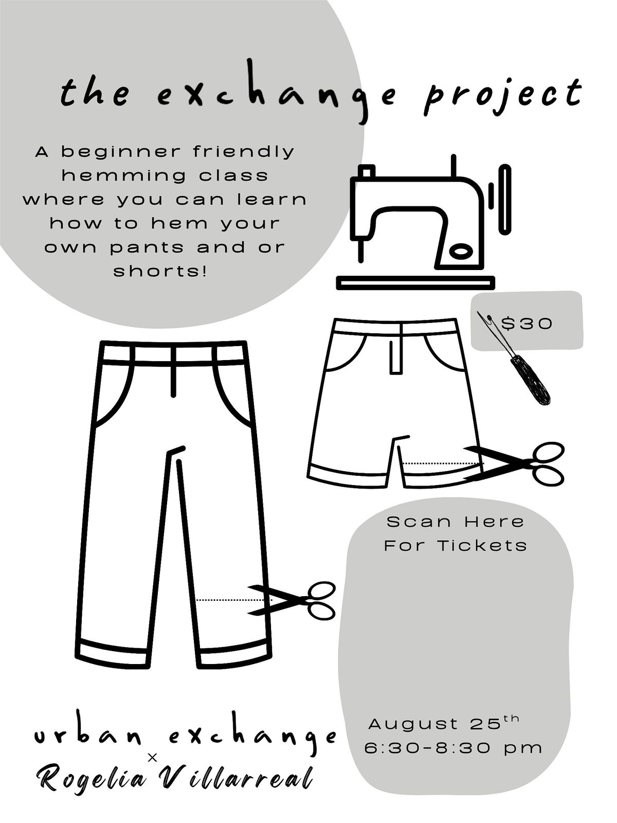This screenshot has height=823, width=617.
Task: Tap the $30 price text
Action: (527, 323)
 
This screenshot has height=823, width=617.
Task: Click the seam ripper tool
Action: (514, 357)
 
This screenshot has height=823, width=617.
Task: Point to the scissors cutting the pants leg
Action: (292, 601)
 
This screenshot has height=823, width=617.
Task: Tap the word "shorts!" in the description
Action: (160, 271)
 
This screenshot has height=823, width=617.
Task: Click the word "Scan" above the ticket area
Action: (419, 522)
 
